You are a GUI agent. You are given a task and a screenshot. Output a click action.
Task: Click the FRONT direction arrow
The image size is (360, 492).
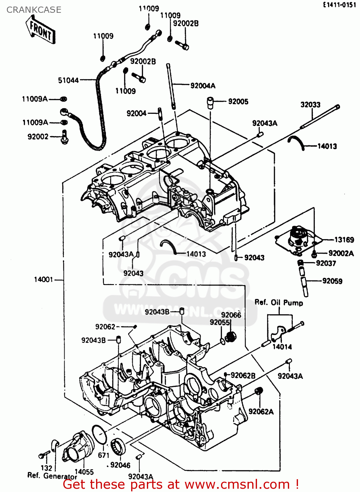click(x=40, y=31)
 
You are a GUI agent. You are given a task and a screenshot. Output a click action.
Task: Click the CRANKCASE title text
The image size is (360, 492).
click(x=34, y=10)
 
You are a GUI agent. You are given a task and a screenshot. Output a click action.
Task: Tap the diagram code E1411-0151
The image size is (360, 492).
click(x=339, y=5)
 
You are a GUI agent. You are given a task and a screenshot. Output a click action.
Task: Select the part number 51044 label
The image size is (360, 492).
click(x=68, y=80)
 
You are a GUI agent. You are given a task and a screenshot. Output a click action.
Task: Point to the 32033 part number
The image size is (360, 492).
click(x=310, y=105)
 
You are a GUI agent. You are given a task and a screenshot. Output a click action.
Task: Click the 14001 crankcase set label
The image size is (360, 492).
click(x=43, y=279)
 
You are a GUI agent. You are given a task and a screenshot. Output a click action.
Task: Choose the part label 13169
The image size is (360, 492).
click(x=344, y=239)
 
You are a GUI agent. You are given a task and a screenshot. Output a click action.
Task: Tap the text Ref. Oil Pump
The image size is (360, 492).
click(x=279, y=302)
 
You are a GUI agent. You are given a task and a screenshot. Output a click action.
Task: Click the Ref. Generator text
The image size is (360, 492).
click(x=52, y=476)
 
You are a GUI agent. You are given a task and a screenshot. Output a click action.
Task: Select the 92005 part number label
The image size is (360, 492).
click(x=238, y=101)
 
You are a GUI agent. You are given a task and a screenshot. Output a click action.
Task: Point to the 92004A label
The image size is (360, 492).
click(x=203, y=86)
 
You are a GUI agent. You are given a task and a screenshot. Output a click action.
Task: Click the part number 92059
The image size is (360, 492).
click(x=332, y=281)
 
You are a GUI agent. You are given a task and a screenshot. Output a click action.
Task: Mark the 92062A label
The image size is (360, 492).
click(x=261, y=411)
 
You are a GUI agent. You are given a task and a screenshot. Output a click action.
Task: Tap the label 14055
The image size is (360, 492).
click(x=84, y=472)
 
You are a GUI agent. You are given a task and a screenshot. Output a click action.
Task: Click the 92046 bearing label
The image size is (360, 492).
click(x=120, y=465)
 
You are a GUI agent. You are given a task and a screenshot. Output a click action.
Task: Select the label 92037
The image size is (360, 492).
click(x=326, y=263)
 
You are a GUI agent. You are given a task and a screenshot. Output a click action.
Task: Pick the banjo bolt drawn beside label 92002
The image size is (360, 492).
click(x=65, y=137)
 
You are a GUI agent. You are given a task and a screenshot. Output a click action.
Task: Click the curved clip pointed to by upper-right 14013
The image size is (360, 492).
click(x=297, y=142)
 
